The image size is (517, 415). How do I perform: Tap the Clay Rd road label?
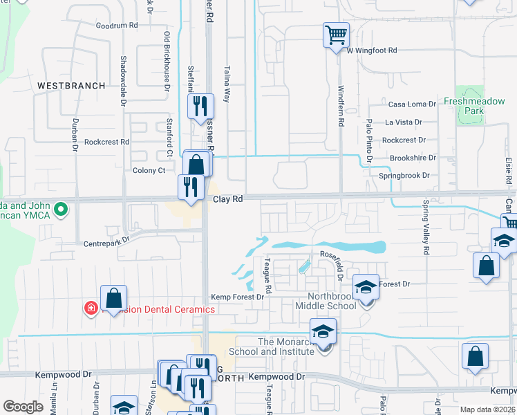(x=227, y=199)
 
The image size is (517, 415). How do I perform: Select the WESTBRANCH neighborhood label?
(x=71, y=86)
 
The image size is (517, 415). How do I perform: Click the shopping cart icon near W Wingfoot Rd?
(x=336, y=34)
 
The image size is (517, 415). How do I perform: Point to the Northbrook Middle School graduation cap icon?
(x=366, y=287)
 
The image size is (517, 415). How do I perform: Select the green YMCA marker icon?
(x=61, y=207)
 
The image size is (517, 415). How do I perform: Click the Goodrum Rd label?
(x=117, y=25)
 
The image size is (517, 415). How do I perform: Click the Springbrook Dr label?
(x=404, y=176)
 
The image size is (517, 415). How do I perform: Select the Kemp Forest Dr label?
(x=237, y=297)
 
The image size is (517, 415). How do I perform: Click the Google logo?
(x=23, y=407)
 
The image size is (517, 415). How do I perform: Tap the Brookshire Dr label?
(x=413, y=158)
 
